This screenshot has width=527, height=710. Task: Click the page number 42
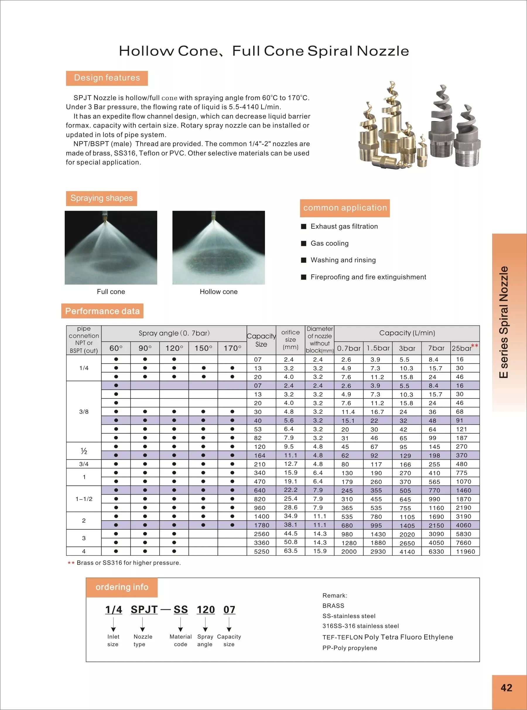coord(506,687)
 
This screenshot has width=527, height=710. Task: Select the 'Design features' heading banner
coord(107,78)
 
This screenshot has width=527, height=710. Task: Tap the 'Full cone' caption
coord(111,292)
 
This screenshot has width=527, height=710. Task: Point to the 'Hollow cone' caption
coord(218,292)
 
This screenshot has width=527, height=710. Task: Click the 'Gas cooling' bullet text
coord(330,243)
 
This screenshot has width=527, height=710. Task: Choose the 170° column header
coord(232,348)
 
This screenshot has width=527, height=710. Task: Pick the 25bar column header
coord(462,348)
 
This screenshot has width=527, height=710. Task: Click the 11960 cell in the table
coord(465,552)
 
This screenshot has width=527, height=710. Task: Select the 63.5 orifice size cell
coord(290,551)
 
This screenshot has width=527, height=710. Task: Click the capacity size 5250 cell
coord(261,552)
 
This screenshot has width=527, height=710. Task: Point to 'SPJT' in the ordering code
coord(144,610)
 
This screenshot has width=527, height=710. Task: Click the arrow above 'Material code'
coord(181,625)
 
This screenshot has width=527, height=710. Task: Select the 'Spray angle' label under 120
coord(205,641)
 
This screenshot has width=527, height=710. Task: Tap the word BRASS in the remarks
coord(333,606)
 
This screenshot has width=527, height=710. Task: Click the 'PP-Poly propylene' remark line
coord(350,648)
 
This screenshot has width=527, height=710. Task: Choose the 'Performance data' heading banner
coord(102,311)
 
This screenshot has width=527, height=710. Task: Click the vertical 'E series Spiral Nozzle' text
coord(504,322)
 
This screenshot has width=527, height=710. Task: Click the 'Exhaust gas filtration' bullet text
coord(344,226)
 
